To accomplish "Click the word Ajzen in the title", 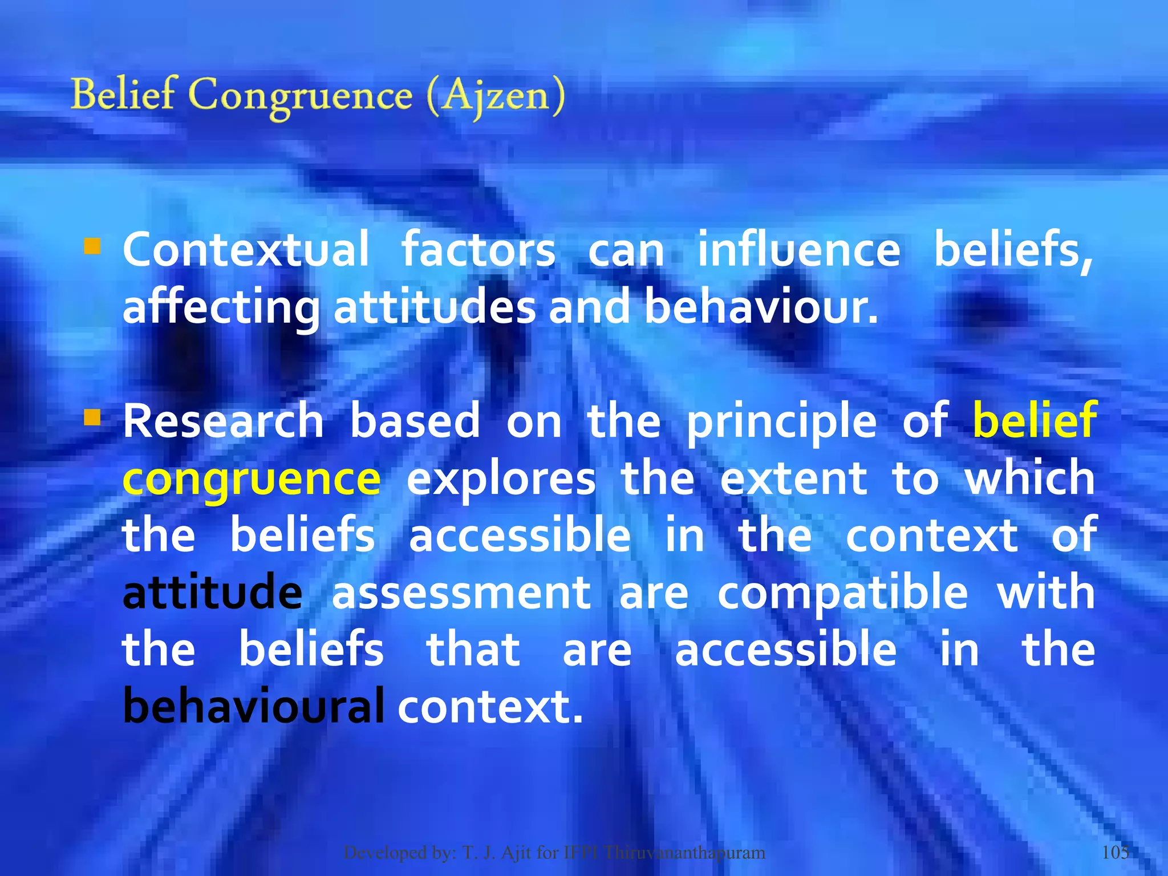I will [x=495, y=96].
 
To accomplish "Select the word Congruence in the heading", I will [x=300, y=96].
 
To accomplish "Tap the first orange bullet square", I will [x=92, y=246].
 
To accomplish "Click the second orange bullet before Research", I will [x=92, y=418].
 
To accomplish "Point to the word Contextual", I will [x=246, y=250].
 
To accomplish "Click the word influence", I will [x=799, y=250].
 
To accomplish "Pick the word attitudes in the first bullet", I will [x=434, y=307].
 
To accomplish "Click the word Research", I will [x=224, y=421].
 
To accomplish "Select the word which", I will [x=1029, y=478].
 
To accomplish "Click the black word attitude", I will [x=212, y=592].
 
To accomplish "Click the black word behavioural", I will [x=253, y=706].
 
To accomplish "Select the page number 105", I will [x=1116, y=852].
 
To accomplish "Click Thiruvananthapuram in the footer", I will [x=684, y=853].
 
